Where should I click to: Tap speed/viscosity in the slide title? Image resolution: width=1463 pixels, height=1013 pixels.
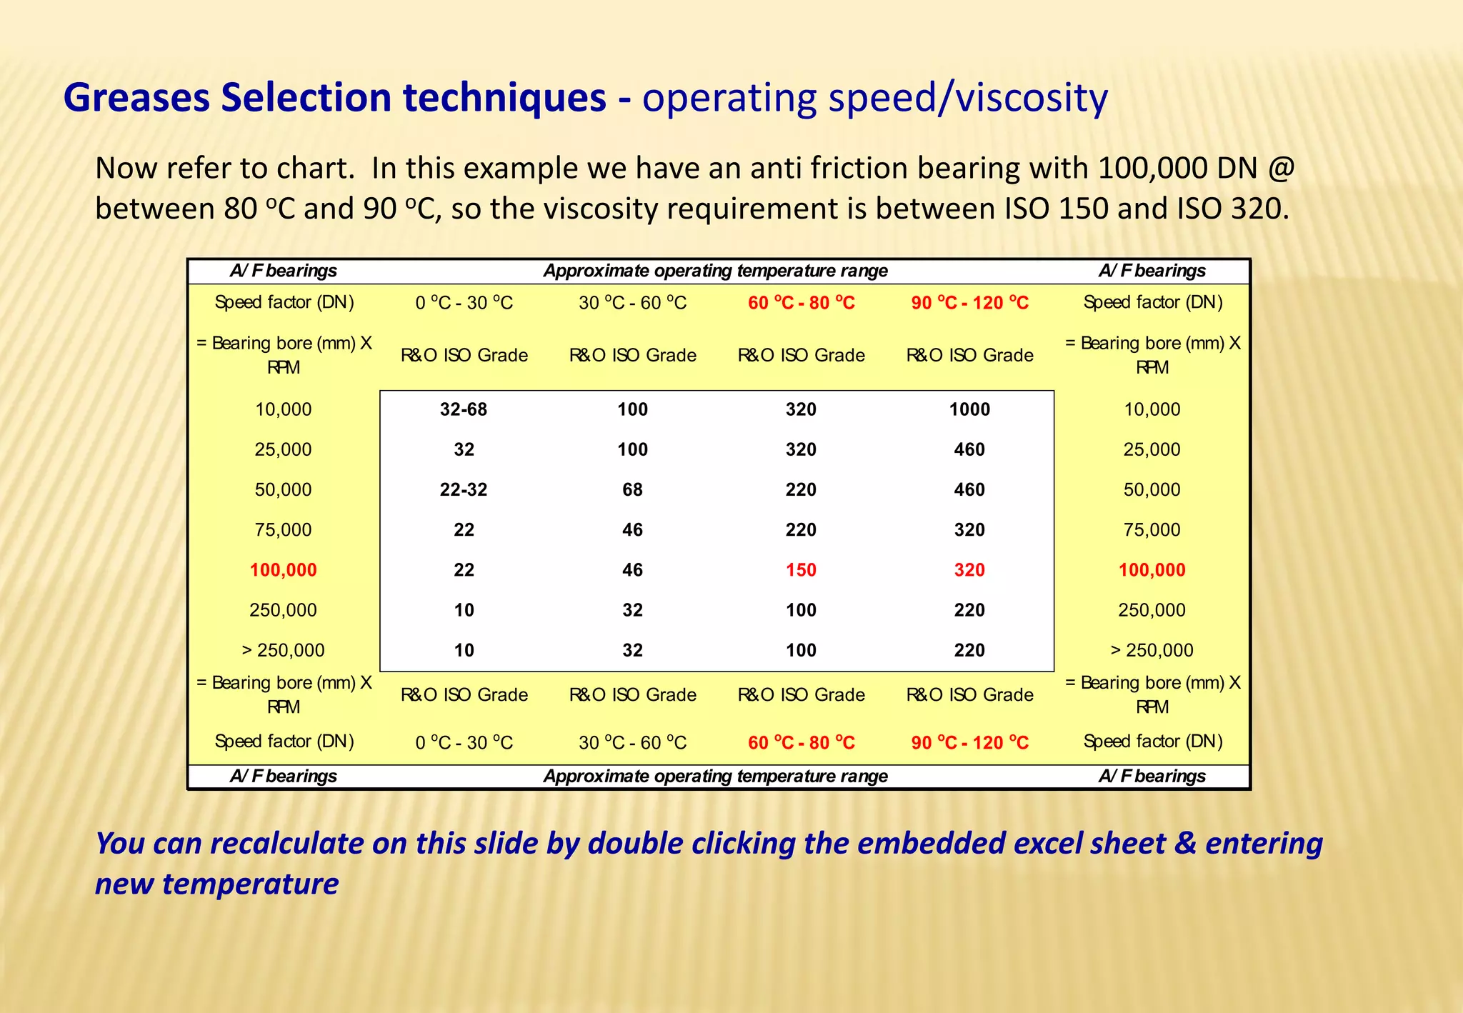click(x=968, y=98)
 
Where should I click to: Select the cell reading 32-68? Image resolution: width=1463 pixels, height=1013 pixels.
click(x=464, y=409)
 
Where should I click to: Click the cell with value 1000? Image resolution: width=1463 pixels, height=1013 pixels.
click(x=969, y=409)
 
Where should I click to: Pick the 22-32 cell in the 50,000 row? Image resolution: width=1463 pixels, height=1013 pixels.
click(x=464, y=489)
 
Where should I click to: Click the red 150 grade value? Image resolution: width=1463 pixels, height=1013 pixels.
click(x=801, y=570)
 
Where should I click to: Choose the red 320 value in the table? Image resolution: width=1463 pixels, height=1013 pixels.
click(x=969, y=570)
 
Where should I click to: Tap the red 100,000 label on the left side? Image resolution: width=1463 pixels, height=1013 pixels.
click(x=283, y=570)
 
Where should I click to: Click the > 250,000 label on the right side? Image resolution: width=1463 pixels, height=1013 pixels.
click(x=1152, y=650)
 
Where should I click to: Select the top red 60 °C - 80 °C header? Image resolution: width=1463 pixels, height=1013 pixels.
click(x=801, y=303)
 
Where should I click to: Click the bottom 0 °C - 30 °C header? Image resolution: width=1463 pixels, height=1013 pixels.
click(x=464, y=743)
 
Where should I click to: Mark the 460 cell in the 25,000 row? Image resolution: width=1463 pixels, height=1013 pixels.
click(x=969, y=449)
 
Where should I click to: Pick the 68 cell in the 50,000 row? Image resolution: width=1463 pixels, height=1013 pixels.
click(x=632, y=489)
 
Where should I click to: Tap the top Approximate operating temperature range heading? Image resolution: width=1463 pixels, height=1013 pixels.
click(x=715, y=271)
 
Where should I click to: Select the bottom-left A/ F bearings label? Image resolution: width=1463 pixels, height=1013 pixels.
click(x=283, y=776)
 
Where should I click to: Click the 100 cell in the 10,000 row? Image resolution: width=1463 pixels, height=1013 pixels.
click(x=632, y=409)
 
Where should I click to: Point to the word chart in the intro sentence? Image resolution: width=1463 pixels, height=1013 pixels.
click(x=314, y=169)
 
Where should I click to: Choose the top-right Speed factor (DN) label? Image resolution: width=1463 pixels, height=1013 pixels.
click(x=1152, y=302)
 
